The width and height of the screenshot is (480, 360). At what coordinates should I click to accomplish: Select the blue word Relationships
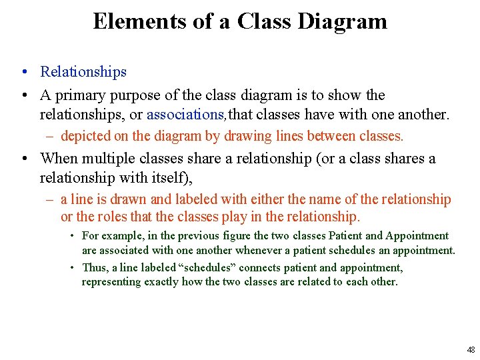(x=83, y=71)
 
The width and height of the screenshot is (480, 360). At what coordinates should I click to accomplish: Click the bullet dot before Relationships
(x=23, y=72)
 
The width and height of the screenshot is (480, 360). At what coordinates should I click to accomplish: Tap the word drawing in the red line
(x=247, y=137)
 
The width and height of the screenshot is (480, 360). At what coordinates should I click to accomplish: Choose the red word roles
(x=95, y=217)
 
